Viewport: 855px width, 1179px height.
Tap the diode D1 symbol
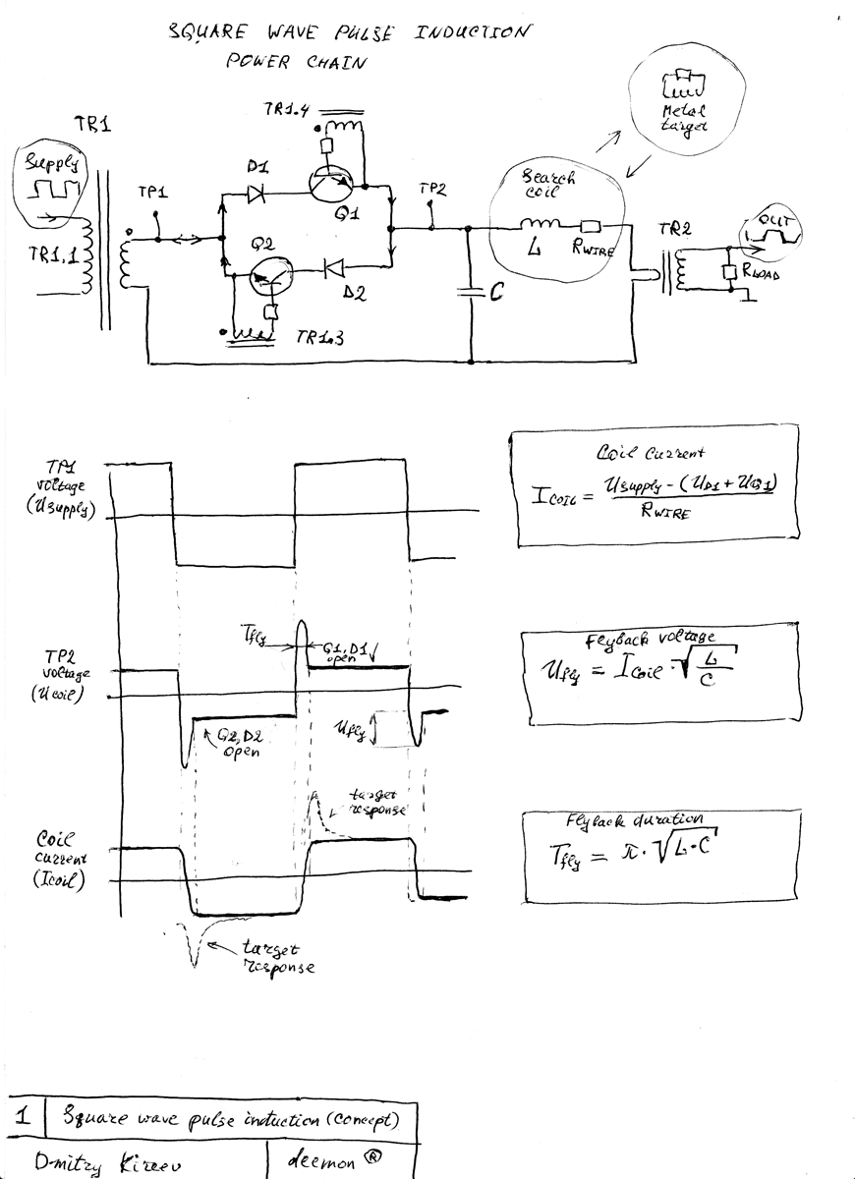(260, 195)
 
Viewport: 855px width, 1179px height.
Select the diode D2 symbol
(333, 265)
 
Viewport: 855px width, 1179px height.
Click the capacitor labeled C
(472, 291)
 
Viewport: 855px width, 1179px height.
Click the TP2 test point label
(432, 190)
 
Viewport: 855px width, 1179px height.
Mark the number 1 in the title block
(25, 1116)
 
